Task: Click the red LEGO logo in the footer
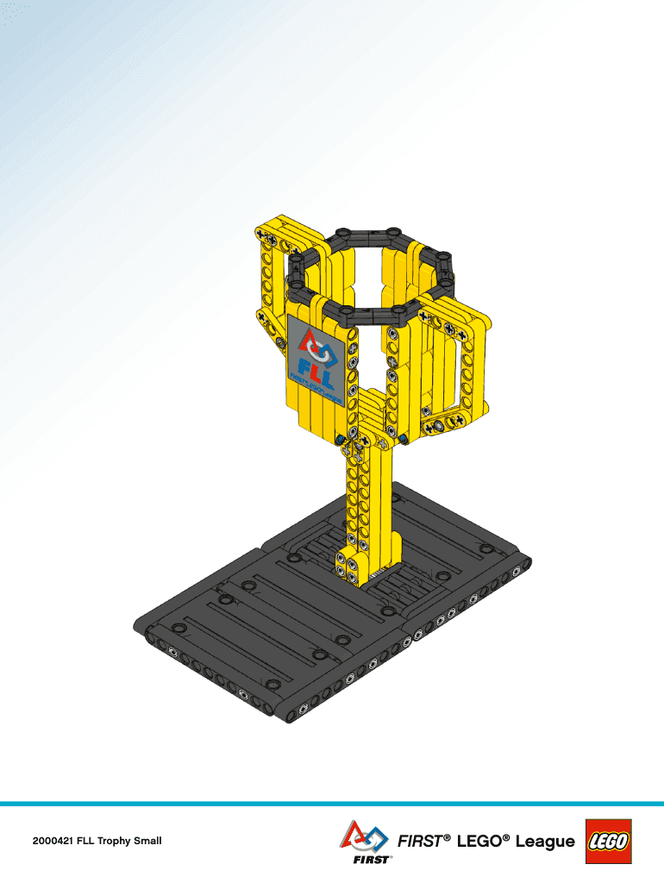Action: click(609, 841)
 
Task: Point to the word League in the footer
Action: click(545, 841)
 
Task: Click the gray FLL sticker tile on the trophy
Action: click(316, 361)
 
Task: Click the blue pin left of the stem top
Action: click(341, 441)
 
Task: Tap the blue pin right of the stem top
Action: click(404, 440)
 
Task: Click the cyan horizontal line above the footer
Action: click(332, 804)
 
